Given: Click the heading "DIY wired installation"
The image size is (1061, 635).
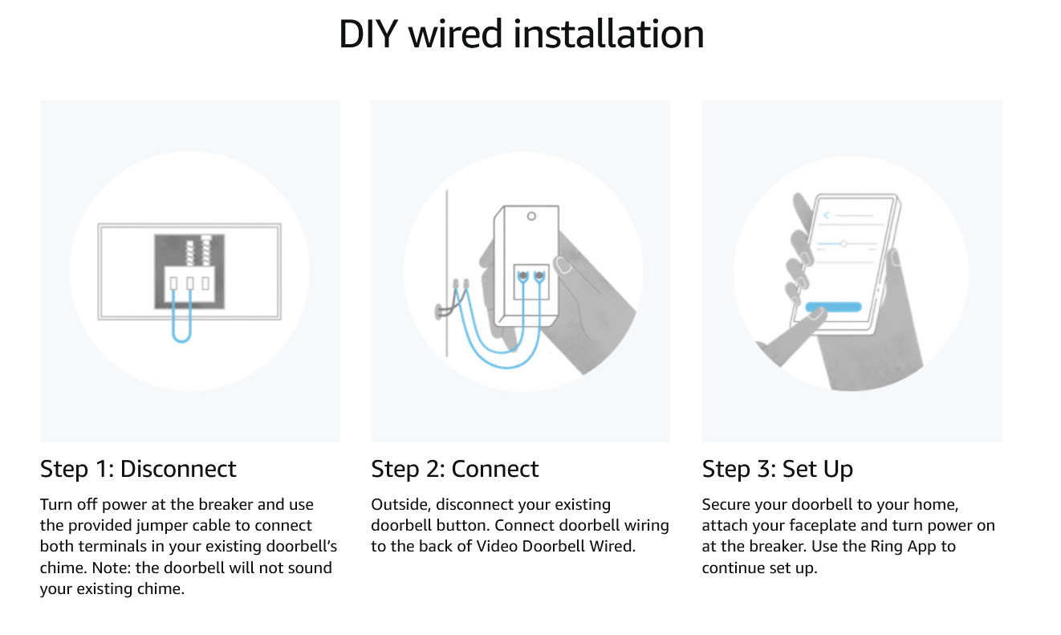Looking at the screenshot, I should point(522,35).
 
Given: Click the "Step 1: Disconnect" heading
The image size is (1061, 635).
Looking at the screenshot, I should point(138,469).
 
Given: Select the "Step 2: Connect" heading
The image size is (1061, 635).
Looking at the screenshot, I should point(455,469).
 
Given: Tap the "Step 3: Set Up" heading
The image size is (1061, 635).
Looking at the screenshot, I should point(777,469).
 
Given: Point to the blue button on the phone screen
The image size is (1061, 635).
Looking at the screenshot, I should point(834,307).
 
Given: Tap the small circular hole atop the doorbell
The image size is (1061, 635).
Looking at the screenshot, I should point(531,217).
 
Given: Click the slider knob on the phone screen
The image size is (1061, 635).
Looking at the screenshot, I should point(844,242).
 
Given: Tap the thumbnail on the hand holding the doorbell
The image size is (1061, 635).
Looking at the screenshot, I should point(565,263).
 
